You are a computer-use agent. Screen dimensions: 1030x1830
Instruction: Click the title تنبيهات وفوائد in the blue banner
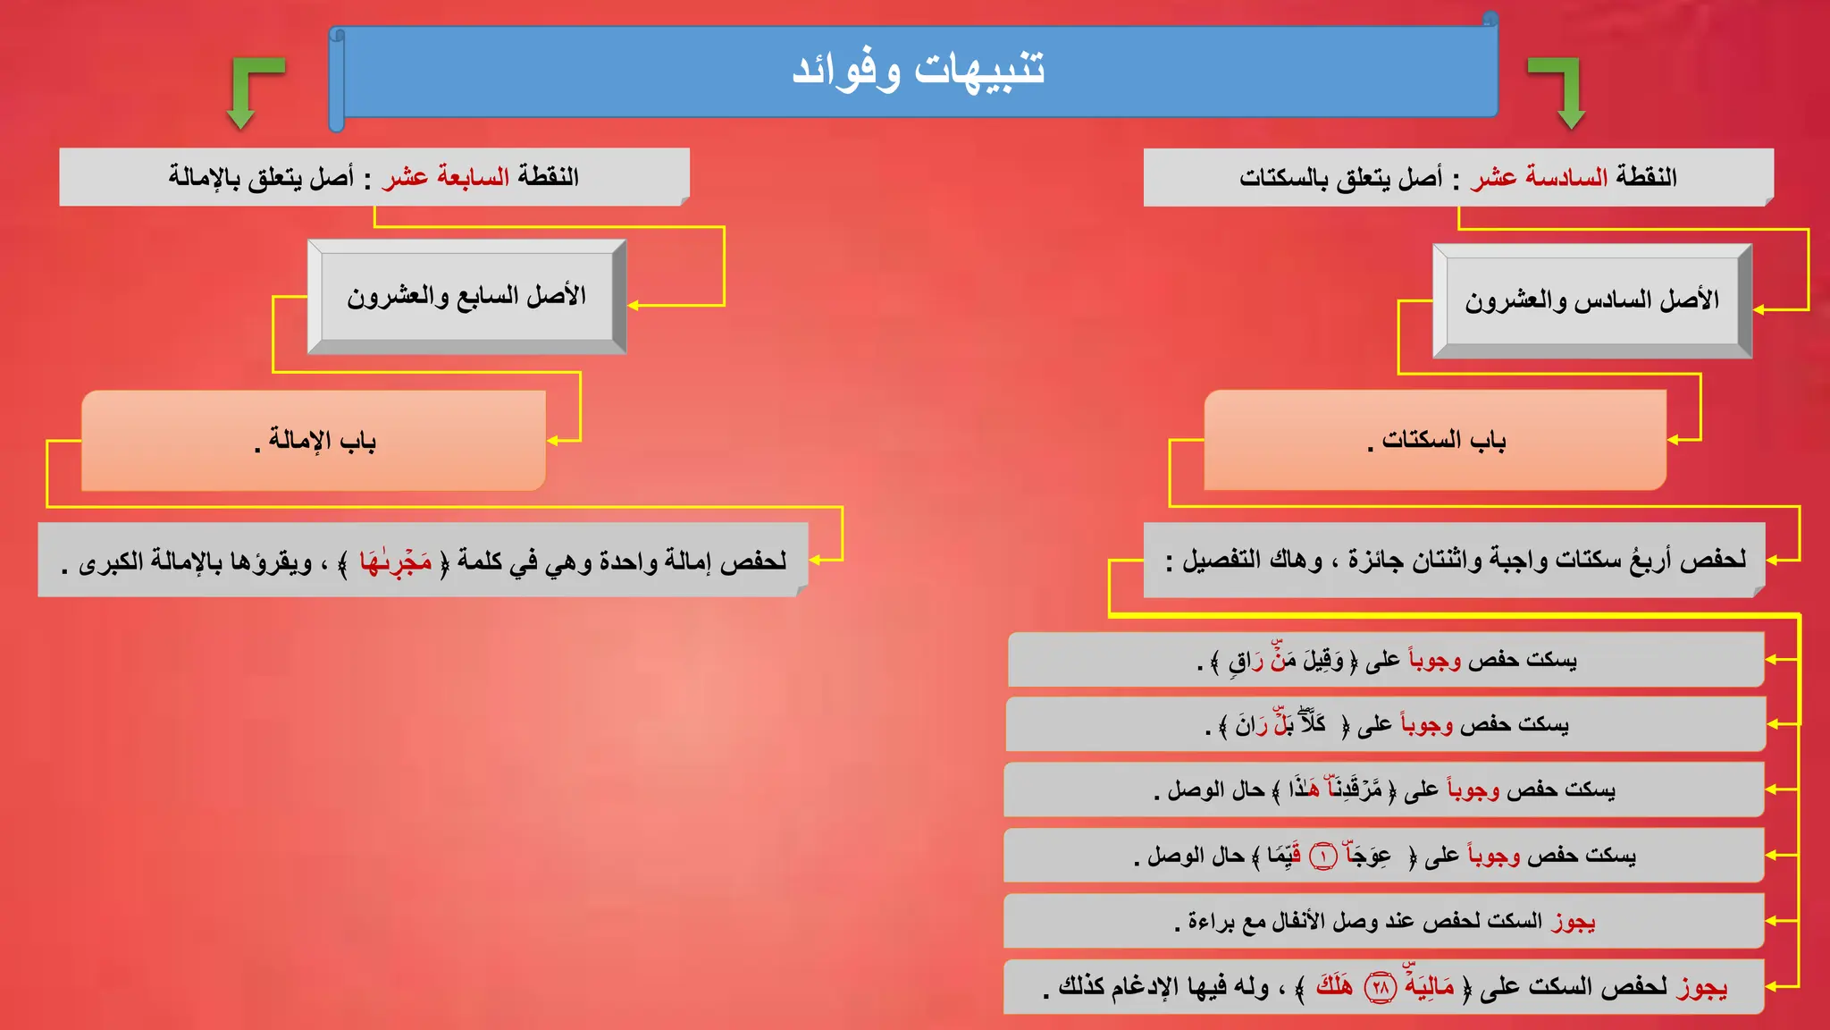(x=918, y=70)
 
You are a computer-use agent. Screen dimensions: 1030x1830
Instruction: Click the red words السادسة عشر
(x=1538, y=177)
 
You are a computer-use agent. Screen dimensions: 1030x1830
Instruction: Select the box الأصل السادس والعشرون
(x=1591, y=300)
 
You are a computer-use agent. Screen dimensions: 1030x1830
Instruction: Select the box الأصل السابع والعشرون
(x=466, y=296)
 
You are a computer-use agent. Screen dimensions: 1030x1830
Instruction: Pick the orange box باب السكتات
(x=1435, y=440)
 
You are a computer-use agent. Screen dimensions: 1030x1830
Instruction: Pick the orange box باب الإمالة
(x=314, y=440)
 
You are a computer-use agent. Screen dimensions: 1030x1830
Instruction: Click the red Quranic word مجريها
(x=395, y=561)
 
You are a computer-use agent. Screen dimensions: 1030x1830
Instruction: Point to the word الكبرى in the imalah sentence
(x=112, y=562)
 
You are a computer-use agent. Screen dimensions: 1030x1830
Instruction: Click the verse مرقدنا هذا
(x=1335, y=789)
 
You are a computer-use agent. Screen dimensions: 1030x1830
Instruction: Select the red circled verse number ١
(x=1322, y=857)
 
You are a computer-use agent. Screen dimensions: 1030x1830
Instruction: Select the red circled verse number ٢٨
(x=1381, y=987)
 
